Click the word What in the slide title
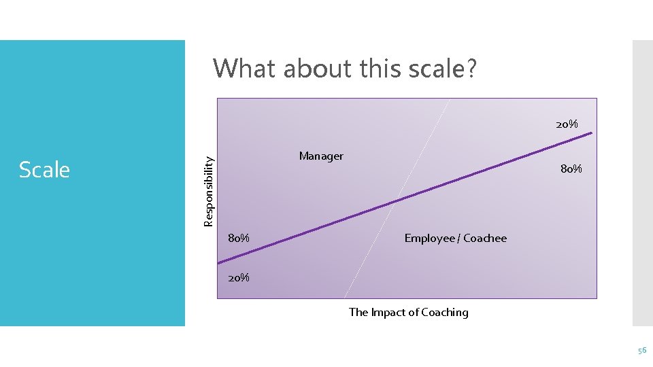click(244, 68)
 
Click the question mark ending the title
click(471, 68)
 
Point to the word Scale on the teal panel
click(44, 169)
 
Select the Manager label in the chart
click(321, 156)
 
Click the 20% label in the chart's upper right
click(567, 124)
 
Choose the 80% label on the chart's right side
click(571, 169)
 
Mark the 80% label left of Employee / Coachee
click(238, 238)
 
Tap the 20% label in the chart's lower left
click(238, 277)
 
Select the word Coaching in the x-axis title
click(445, 312)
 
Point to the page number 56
click(641, 349)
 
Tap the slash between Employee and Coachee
click(459, 238)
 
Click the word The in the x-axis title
click(358, 312)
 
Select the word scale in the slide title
click(433, 68)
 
